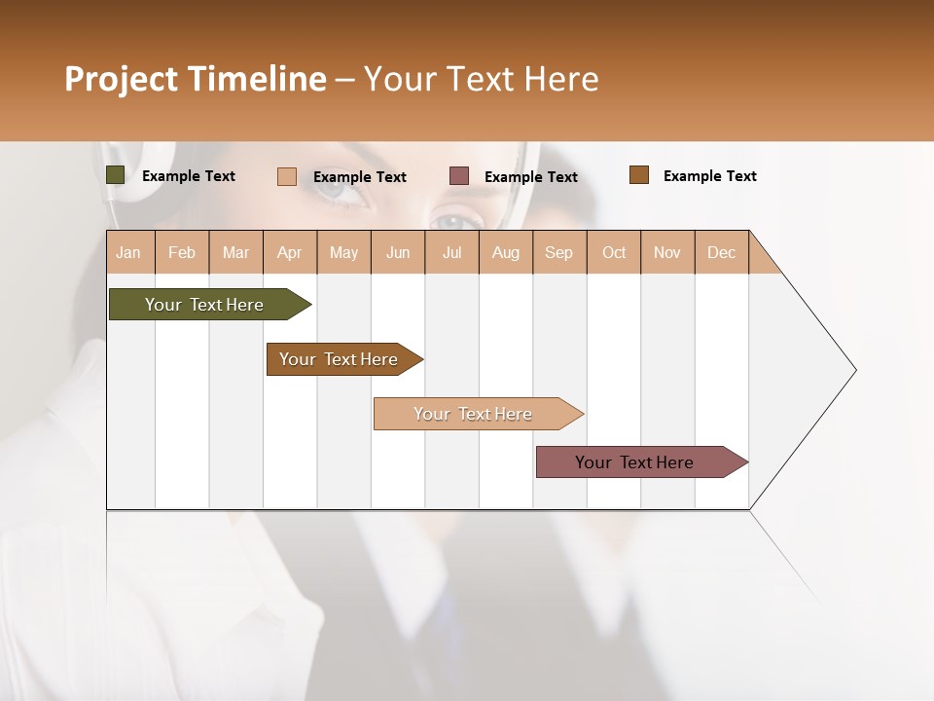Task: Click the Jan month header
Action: [128, 252]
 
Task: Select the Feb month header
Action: [182, 252]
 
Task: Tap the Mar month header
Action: [235, 252]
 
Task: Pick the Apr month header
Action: [290, 252]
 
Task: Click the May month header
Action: [343, 252]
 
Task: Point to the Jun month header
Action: [398, 252]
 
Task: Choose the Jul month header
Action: [451, 252]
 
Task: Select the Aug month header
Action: [506, 252]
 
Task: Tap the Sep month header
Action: [559, 252]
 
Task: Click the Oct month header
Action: [614, 252]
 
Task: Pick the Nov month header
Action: [667, 252]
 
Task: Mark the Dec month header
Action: [722, 252]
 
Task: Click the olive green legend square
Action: [116, 175]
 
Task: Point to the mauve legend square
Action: [459, 176]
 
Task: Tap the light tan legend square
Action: [287, 176]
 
